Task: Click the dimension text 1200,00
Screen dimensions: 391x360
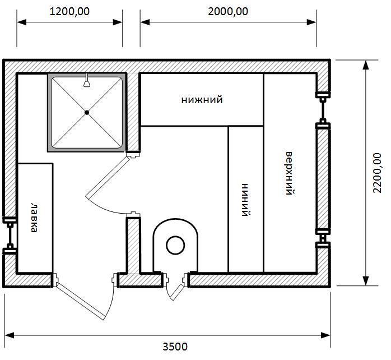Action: [69, 11]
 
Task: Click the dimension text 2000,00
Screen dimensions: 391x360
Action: [228, 11]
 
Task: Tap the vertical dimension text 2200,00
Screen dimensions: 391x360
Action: [378, 173]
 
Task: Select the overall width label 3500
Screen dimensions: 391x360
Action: [175, 347]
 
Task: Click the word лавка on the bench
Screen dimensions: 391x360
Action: [35, 218]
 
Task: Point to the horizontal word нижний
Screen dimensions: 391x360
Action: [202, 100]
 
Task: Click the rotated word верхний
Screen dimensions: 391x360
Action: [290, 173]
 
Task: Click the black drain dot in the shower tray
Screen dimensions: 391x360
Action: [87, 113]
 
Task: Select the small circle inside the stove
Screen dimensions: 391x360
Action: [175, 246]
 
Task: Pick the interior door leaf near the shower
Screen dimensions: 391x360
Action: [107, 177]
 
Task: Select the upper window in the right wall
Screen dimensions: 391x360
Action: [323, 109]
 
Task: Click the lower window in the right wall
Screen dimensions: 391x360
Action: [323, 238]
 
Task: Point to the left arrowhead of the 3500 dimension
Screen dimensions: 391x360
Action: [9, 335]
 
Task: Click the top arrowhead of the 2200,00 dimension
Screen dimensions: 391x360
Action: [366, 65]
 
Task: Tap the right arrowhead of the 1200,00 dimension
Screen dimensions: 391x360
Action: [118, 22]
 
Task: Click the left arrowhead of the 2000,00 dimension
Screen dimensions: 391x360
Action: [145, 22]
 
